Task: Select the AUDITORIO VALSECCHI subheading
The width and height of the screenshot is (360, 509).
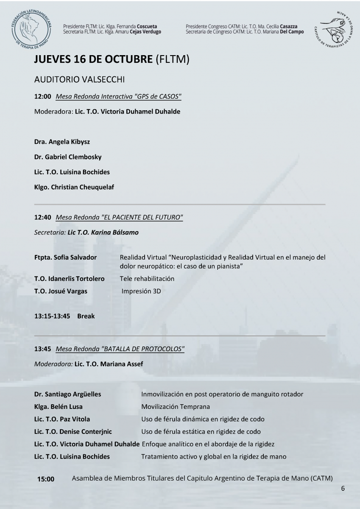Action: pos(78,80)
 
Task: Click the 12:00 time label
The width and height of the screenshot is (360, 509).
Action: pos(42,97)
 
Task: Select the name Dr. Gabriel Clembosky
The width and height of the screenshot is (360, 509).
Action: pos(68,157)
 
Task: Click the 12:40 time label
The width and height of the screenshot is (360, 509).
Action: pos(42,217)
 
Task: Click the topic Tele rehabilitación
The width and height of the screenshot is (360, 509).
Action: pos(147,279)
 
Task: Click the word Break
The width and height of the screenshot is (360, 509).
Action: pos(86,316)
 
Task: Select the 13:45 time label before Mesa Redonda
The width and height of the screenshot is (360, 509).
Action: pos(42,349)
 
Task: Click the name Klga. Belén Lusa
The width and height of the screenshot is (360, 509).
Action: pos(59,407)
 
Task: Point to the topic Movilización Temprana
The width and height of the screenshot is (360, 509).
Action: pos(176,407)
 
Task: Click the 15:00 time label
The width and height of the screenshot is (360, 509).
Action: pos(46,479)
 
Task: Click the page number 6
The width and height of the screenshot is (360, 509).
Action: pos(343,488)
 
